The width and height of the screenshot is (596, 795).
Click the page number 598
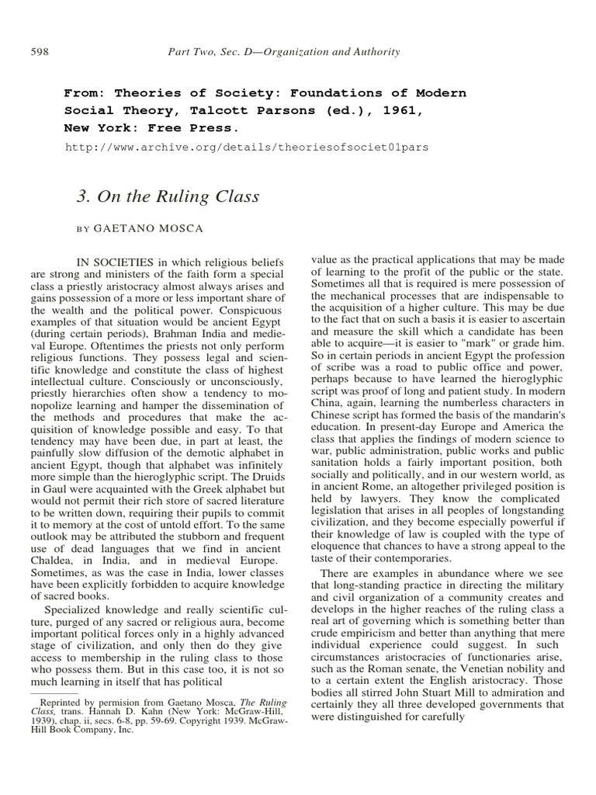pos(40,52)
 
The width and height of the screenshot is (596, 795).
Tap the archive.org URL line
pos(246,146)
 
